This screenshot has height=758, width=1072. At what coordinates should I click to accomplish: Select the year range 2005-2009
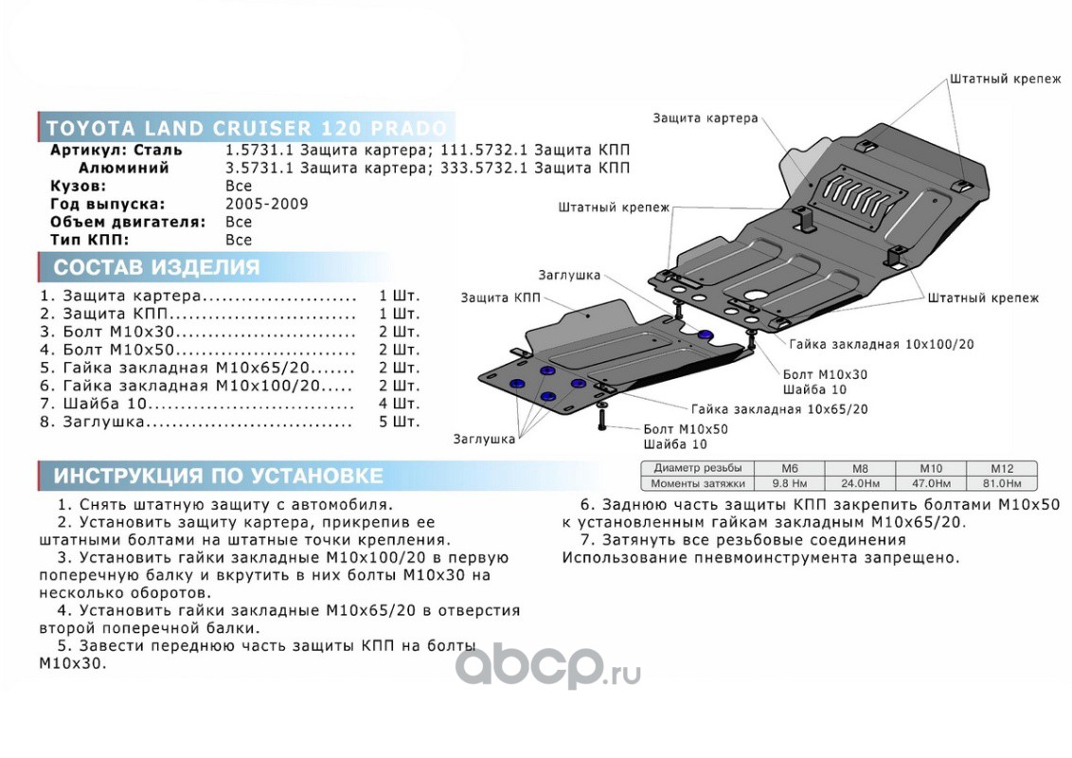266,204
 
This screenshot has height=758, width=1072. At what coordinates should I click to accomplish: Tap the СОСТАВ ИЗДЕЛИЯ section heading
156,267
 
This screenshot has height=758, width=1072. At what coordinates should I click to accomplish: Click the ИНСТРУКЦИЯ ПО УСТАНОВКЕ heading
218,476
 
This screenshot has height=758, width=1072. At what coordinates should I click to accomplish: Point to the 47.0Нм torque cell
930,483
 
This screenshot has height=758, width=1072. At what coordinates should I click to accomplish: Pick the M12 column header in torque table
1001,468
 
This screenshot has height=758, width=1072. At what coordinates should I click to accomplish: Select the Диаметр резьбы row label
698,468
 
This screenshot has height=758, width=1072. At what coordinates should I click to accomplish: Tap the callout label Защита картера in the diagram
705,118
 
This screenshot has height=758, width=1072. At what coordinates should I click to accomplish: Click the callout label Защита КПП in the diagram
500,298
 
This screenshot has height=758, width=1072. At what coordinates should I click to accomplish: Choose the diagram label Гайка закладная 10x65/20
779,409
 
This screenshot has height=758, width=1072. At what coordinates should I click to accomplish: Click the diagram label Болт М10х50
685,429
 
